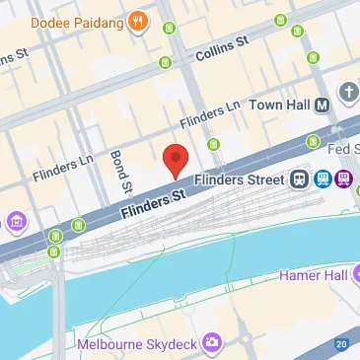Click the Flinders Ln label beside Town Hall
[x=211, y=116]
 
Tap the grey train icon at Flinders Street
[x=299, y=180]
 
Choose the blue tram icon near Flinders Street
[x=322, y=180]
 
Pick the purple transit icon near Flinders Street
[x=343, y=180]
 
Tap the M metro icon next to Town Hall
[x=315, y=140]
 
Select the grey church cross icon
[x=349, y=94]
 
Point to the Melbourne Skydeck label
[x=138, y=343]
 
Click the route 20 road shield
[x=340, y=343]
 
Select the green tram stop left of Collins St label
[x=164, y=64]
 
